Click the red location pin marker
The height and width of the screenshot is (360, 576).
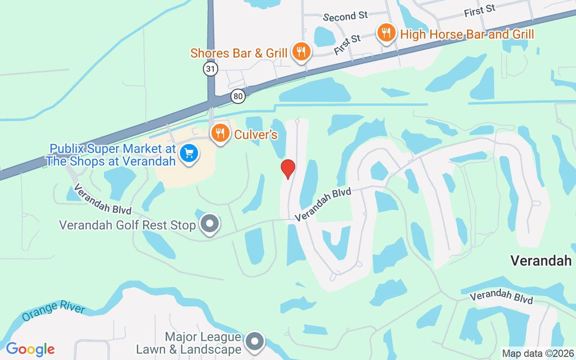click(288, 169)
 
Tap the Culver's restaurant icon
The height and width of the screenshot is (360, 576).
click(220, 133)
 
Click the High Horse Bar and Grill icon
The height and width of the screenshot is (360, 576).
click(386, 33)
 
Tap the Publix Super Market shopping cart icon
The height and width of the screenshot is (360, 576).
click(189, 153)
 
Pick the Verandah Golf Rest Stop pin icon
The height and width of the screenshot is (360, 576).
click(209, 224)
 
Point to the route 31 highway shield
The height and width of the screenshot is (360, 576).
click(210, 69)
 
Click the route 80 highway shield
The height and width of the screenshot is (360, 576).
click(238, 96)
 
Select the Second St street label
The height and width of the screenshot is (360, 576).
click(346, 17)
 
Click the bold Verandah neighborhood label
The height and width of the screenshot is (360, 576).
click(541, 261)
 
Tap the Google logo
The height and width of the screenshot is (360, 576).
click(30, 349)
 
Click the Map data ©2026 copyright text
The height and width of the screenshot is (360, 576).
click(538, 353)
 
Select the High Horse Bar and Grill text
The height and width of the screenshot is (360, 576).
click(467, 34)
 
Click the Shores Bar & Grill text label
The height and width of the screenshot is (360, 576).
click(239, 53)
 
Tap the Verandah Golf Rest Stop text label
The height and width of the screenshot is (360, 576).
click(128, 225)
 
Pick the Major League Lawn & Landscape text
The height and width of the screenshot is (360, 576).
click(189, 343)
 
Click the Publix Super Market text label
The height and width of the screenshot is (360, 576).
click(111, 155)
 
